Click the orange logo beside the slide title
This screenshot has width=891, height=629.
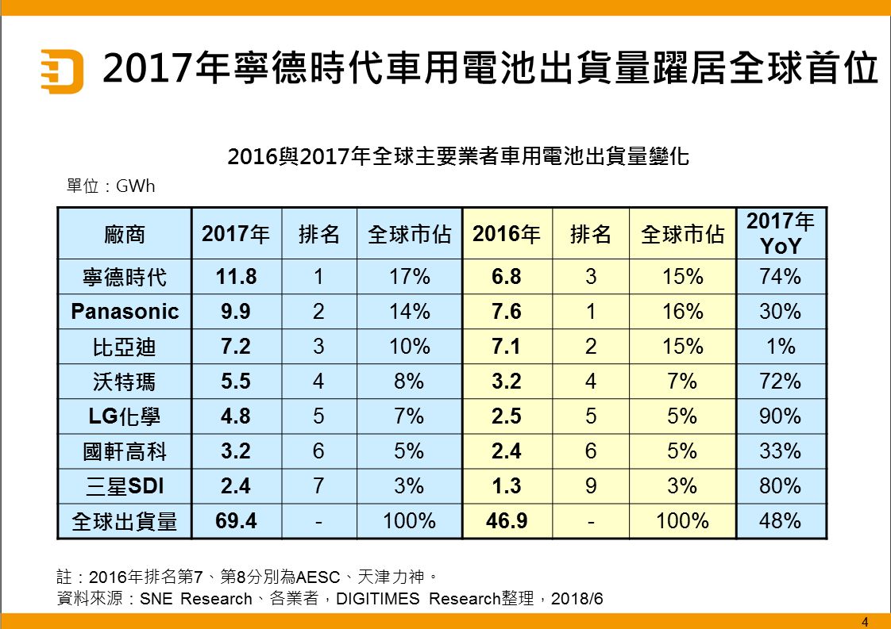click(62, 71)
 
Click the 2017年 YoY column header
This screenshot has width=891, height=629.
click(781, 233)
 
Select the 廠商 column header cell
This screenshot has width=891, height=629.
click(125, 234)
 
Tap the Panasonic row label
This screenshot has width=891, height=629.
click(125, 311)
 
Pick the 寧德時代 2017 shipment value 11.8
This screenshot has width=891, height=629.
click(237, 277)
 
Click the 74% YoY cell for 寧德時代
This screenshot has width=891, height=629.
click(781, 277)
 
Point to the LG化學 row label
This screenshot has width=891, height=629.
click(125, 416)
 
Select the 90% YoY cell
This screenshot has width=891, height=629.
click(781, 416)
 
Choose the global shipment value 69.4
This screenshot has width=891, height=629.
click(237, 521)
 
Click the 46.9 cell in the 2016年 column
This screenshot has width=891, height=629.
click(507, 521)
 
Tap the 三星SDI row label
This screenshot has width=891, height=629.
click(125, 485)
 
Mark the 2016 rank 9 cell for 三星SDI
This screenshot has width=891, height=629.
click(590, 485)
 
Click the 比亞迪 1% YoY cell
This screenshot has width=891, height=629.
click(781, 347)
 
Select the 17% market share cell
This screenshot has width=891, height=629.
click(409, 277)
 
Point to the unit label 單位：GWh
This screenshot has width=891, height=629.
click(111, 187)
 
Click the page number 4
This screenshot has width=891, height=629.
click(865, 622)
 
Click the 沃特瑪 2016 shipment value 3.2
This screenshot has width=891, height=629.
click(507, 382)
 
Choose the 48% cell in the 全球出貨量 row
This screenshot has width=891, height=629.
click(781, 521)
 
